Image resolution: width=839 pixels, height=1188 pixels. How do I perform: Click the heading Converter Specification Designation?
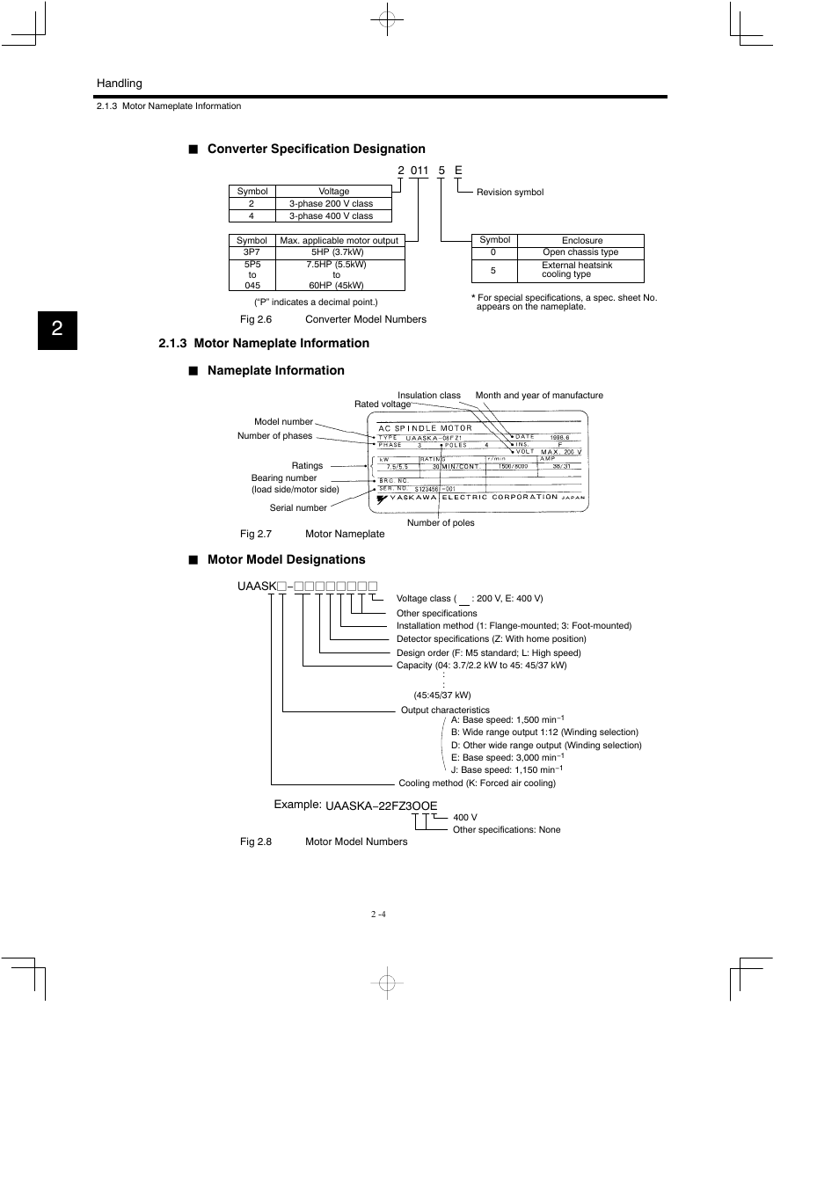pyautogui.click(x=316, y=149)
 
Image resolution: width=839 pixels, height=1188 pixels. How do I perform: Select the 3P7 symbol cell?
pyautogui.click(x=252, y=252)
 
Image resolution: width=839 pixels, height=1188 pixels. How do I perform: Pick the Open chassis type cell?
pyautogui.click(x=580, y=252)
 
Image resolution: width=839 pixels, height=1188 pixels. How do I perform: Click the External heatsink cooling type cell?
pyautogui.click(x=577, y=270)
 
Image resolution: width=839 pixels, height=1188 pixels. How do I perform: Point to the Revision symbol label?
pyautogui.click(x=510, y=193)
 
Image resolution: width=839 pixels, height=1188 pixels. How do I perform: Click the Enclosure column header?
pyautogui.click(x=582, y=240)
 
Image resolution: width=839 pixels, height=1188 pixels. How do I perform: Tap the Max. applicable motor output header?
pyautogui.click(x=339, y=240)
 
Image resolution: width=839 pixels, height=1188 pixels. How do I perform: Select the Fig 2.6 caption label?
pyautogui.click(x=256, y=320)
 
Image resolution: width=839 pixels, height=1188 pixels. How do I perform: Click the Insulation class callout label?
pyautogui.click(x=428, y=396)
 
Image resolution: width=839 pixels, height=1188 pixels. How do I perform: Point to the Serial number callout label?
pyautogui.click(x=298, y=508)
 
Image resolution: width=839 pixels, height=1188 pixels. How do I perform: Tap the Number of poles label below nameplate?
pyautogui.click(x=441, y=523)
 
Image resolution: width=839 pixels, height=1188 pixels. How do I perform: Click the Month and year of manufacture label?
pyautogui.click(x=539, y=396)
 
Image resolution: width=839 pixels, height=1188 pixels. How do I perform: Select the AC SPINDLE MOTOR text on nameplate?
pyautogui.click(x=426, y=428)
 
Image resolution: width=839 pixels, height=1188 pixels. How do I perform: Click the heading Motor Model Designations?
pyautogui.click(x=286, y=560)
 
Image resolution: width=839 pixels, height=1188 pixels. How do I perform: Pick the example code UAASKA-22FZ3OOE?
pyautogui.click(x=381, y=805)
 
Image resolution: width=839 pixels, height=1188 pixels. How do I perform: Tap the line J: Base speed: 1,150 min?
pyautogui.click(x=507, y=770)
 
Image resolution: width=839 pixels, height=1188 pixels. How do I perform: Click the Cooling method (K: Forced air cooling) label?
pyautogui.click(x=477, y=783)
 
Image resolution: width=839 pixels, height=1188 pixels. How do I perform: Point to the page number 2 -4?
pyautogui.click(x=378, y=915)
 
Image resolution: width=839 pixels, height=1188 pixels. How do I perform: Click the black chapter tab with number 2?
pyautogui.click(x=57, y=330)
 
